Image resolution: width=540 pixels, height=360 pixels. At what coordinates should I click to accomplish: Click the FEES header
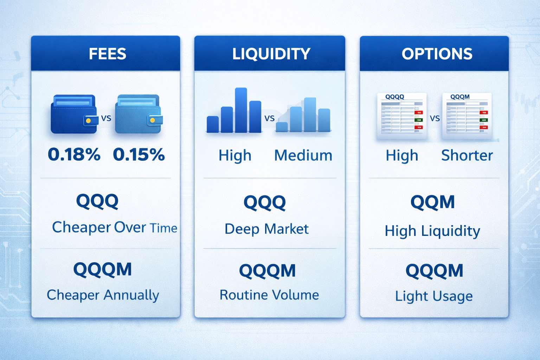tap(107, 54)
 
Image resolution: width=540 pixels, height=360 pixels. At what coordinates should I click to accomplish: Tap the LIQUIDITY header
tap(271, 54)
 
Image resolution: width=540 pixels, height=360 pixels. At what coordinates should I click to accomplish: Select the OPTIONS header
tap(437, 54)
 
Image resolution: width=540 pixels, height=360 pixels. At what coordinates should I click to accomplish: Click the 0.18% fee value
tap(74, 154)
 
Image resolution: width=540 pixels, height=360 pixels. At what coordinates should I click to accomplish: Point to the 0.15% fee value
tap(139, 154)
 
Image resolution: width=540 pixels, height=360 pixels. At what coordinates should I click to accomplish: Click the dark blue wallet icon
tap(74, 114)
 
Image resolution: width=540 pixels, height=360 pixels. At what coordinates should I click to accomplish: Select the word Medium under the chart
tap(303, 155)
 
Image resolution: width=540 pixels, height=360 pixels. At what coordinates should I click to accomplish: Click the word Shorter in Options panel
tap(467, 155)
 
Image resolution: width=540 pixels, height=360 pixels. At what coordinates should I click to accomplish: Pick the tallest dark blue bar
tap(241, 110)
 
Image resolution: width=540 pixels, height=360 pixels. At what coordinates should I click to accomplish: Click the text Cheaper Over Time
tap(114, 227)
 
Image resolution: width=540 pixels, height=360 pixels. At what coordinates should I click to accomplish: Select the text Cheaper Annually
tap(103, 295)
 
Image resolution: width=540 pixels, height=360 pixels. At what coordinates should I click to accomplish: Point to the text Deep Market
tap(266, 229)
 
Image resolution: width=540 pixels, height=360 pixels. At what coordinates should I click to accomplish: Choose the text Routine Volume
tap(269, 295)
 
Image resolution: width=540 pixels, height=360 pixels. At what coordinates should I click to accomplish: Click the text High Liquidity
tap(432, 231)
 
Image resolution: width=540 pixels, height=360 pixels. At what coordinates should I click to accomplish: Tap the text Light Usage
tap(433, 296)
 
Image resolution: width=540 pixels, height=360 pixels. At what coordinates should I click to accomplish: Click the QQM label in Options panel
tap(432, 202)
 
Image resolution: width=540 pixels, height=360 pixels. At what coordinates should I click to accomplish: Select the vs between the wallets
tap(106, 118)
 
